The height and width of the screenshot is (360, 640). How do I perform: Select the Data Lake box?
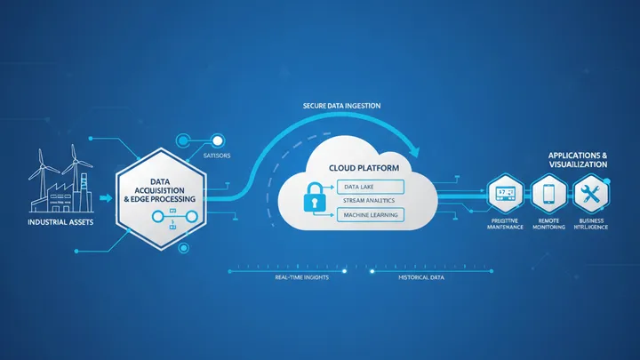371,187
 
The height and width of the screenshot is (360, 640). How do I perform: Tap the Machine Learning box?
371,215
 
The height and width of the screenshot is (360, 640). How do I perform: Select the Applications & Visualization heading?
578,160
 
